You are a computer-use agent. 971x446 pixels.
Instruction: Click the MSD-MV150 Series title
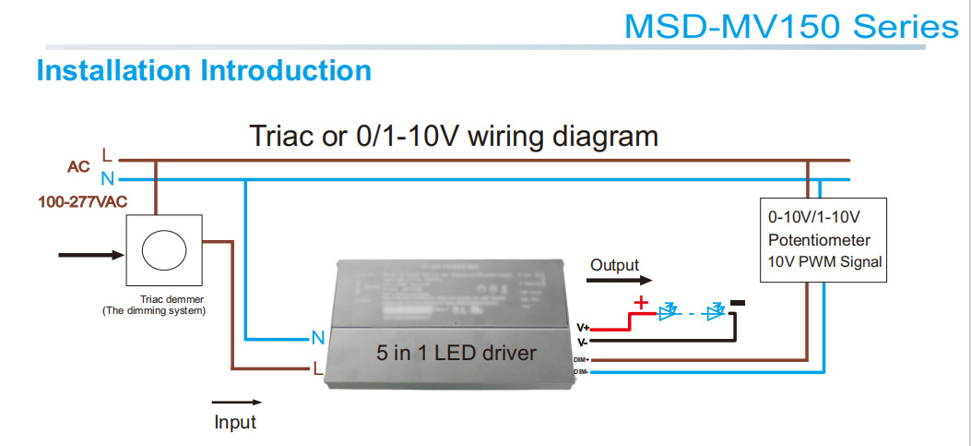(791, 27)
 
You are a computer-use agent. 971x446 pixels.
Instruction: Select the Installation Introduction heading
(204, 70)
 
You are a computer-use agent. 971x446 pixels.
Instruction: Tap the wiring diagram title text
(454, 137)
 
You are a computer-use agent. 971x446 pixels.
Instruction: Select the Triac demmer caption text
(172, 299)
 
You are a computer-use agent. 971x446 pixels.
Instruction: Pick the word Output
(614, 265)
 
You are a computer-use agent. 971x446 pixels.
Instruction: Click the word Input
(235, 422)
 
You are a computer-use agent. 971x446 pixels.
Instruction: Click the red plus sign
(639, 302)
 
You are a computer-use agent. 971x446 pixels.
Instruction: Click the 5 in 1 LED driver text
(456, 353)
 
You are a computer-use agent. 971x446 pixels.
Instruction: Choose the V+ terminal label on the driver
(583, 327)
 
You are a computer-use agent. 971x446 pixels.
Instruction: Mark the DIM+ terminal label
(581, 358)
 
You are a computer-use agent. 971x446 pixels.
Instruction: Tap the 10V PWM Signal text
(824, 261)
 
